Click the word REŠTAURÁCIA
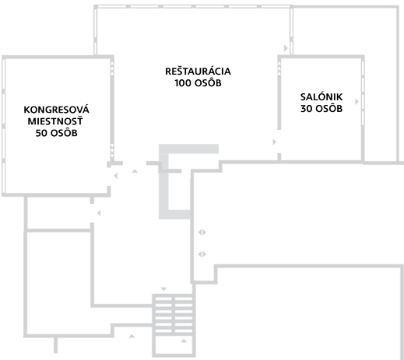[198, 71]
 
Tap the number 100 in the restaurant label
[183, 83]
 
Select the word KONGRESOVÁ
[56, 109]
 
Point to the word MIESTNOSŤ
[55, 121]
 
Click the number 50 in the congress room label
[41, 133]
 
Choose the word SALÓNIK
[321, 97]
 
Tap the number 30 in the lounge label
[306, 109]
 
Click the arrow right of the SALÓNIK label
[357, 102]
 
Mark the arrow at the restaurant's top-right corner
[286, 48]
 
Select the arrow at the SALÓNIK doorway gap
[275, 142]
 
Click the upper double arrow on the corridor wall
[202, 232]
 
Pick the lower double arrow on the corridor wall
[202, 254]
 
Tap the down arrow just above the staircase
[163, 289]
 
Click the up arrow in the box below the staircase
[184, 341]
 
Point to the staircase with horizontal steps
[174, 314]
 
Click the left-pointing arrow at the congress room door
[115, 176]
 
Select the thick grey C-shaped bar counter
[163, 181]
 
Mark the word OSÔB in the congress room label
[64, 132]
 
